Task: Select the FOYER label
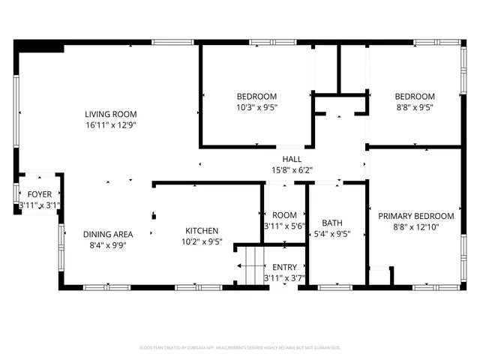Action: [40, 194]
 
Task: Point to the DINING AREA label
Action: [108, 233]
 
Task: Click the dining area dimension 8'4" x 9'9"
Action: [108, 244]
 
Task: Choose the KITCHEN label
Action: [202, 231]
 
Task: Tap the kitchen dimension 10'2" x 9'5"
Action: [202, 242]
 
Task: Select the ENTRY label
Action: [284, 267]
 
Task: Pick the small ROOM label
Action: [284, 214]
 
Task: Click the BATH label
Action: [332, 223]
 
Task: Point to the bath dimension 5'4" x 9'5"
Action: [332, 234]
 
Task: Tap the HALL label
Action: [292, 159]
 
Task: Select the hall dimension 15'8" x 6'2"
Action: [292, 170]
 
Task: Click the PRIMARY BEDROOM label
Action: [415, 215]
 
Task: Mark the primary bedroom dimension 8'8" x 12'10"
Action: [415, 226]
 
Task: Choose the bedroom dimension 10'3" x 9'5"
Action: [256, 107]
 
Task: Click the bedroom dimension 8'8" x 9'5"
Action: [415, 107]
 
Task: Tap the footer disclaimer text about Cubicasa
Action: [240, 348]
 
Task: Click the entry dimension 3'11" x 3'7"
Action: [284, 278]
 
